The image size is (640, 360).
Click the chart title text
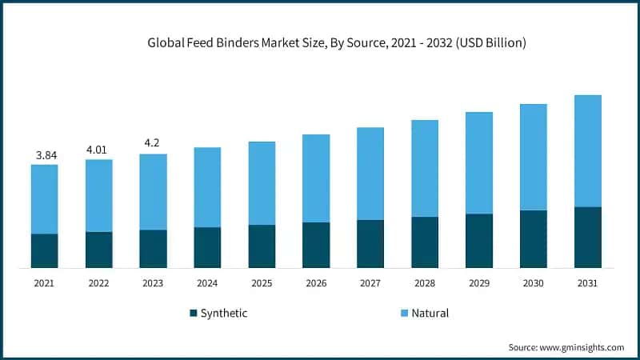[x=337, y=43]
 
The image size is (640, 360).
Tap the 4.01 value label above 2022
[x=98, y=149]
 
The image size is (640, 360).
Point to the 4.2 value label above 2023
[x=153, y=144]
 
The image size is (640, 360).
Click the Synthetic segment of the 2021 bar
[x=44, y=250]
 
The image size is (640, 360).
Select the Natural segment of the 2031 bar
[x=587, y=150]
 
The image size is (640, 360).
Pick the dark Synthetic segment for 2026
[x=316, y=245]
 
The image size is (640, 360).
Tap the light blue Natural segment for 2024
[x=207, y=187]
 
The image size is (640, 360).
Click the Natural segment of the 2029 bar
[x=478, y=162]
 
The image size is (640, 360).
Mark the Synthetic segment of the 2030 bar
[x=533, y=238]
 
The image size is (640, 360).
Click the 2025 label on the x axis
[x=262, y=282]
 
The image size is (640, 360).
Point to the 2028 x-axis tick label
[x=425, y=282]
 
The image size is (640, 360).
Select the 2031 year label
[x=587, y=282]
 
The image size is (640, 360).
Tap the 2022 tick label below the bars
[x=98, y=282]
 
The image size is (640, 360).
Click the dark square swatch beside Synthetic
[x=193, y=314]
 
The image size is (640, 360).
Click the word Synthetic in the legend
[x=225, y=314]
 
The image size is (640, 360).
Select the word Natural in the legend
[x=430, y=314]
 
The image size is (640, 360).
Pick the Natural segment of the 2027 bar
[x=370, y=174]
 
